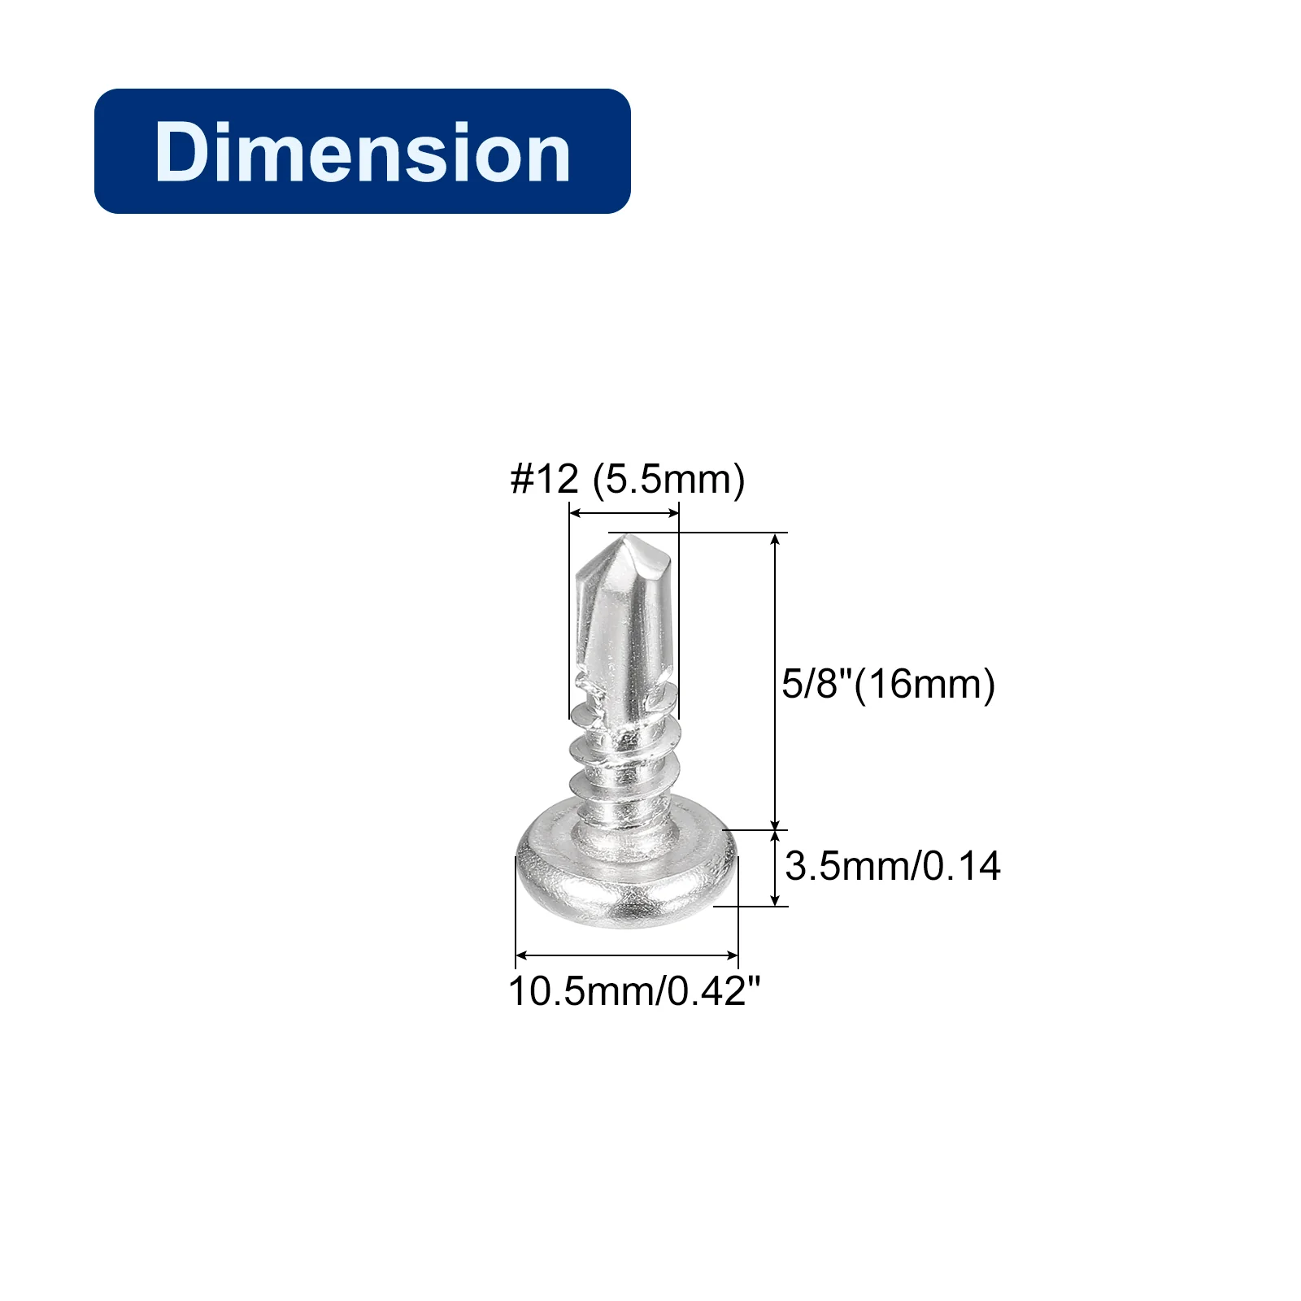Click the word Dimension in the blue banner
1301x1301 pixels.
pos(363,152)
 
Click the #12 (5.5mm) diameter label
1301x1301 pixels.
pos(627,479)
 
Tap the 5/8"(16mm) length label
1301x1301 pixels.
pos(888,684)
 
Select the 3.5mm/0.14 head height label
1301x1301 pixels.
pos(893,866)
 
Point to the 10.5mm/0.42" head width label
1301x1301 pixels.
pos(634,991)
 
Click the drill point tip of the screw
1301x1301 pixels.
pos(622,537)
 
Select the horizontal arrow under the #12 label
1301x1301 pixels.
pos(624,512)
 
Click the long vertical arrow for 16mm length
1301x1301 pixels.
pos(776,681)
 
